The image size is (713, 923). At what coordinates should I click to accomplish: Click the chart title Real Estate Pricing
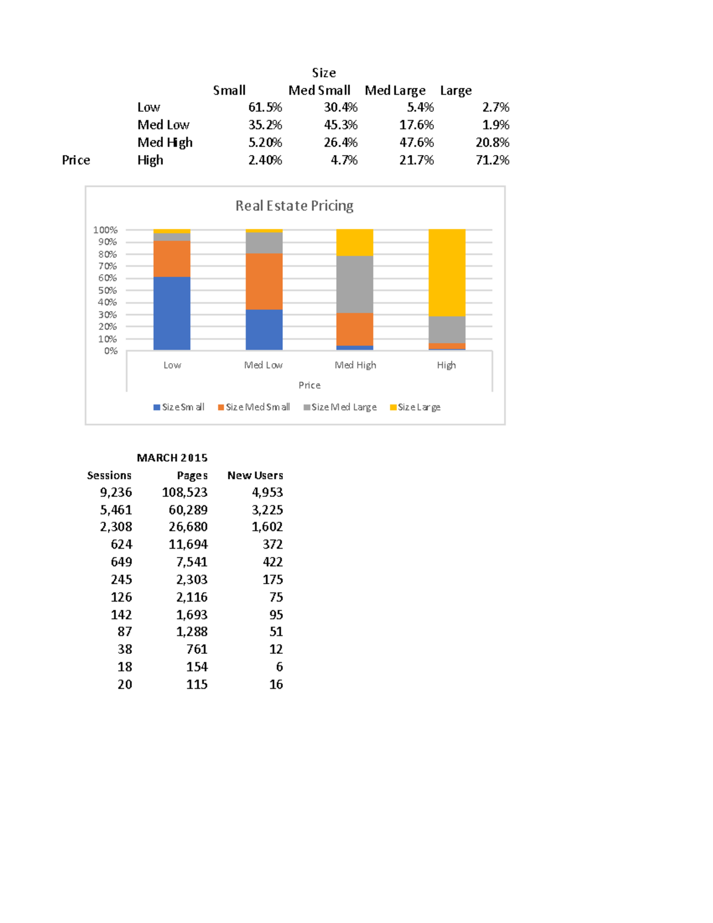(x=294, y=206)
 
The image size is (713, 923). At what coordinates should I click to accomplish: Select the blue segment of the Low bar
(x=172, y=313)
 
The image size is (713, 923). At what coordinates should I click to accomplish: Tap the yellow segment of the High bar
(x=447, y=272)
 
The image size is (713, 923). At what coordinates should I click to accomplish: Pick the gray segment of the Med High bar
(x=355, y=284)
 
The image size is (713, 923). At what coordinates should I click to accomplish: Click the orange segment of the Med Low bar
(x=264, y=281)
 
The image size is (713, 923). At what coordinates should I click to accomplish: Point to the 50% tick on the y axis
(x=108, y=291)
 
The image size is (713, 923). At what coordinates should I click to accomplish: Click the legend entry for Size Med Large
(x=340, y=407)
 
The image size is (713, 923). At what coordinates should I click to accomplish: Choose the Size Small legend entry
(x=179, y=407)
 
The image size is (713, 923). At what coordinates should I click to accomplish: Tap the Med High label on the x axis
(x=355, y=365)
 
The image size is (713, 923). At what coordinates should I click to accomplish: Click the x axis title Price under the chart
(x=310, y=385)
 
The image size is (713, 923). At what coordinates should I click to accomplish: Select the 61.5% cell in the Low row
(x=265, y=108)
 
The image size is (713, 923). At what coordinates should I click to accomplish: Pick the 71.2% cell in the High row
(x=493, y=160)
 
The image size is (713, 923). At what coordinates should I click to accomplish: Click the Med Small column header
(x=320, y=90)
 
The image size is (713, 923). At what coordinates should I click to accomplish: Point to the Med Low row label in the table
(x=163, y=125)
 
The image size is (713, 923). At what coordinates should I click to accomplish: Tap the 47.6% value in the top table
(x=417, y=143)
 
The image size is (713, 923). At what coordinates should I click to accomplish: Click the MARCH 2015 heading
(x=172, y=458)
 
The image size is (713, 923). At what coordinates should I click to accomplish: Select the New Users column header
(x=255, y=475)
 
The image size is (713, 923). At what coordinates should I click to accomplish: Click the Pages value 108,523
(x=185, y=493)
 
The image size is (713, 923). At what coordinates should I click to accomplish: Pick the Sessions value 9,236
(x=116, y=493)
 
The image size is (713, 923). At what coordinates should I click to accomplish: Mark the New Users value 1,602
(x=267, y=527)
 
